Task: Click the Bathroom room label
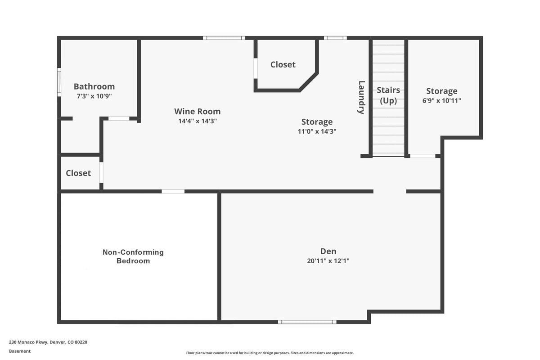tap(94, 86)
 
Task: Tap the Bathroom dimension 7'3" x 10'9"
tap(94, 96)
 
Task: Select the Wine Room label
tap(198, 112)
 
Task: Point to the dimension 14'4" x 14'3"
tap(198, 121)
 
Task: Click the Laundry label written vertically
tap(361, 97)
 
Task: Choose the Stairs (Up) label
tap(388, 95)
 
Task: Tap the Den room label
tap(328, 251)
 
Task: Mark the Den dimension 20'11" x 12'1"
tap(328, 261)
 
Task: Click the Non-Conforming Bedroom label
tap(133, 256)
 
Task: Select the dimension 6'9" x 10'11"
tap(441, 100)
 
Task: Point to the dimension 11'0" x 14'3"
tap(317, 131)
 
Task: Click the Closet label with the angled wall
tap(283, 65)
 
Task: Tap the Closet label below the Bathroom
tap(78, 173)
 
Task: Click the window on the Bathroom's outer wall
tap(59, 82)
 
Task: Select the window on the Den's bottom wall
tap(307, 322)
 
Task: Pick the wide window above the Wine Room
tap(224, 38)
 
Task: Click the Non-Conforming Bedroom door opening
tap(173, 191)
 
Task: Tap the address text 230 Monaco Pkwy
tap(29, 342)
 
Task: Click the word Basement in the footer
tap(20, 351)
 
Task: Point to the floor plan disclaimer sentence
tap(270, 353)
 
